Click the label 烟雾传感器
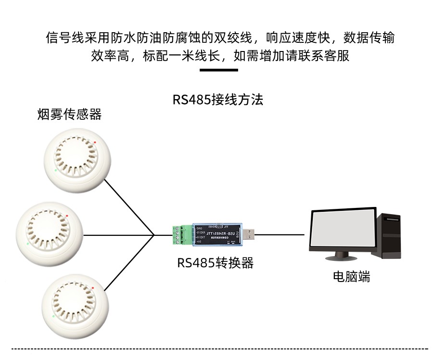pyautogui.click(x=70, y=115)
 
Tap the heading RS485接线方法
pyautogui.click(x=217, y=100)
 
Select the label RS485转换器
pyautogui.click(x=215, y=263)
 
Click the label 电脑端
pyautogui.click(x=352, y=277)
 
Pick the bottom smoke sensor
pyautogui.click(x=77, y=307)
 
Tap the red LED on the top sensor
pyautogui.click(x=95, y=142)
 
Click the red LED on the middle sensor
pyautogui.click(x=67, y=215)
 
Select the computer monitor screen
pyautogui.click(x=342, y=232)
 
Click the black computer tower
pyautogui.click(x=391, y=236)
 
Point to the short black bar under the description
pyautogui.click(x=218, y=70)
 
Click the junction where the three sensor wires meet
pyautogui.click(x=154, y=235)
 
